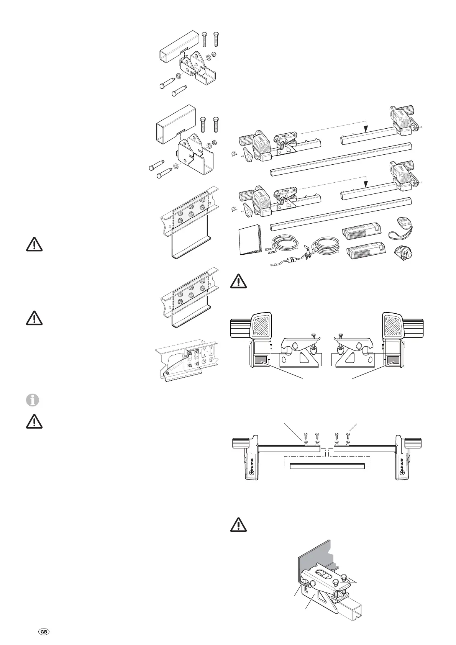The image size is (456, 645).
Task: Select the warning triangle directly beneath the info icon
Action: [34, 421]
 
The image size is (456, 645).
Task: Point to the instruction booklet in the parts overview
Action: [249, 240]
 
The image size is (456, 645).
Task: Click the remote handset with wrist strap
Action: [402, 223]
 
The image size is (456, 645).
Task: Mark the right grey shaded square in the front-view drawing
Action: [393, 360]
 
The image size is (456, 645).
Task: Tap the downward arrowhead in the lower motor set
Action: [366, 184]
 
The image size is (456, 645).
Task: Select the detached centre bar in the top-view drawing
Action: [326, 466]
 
